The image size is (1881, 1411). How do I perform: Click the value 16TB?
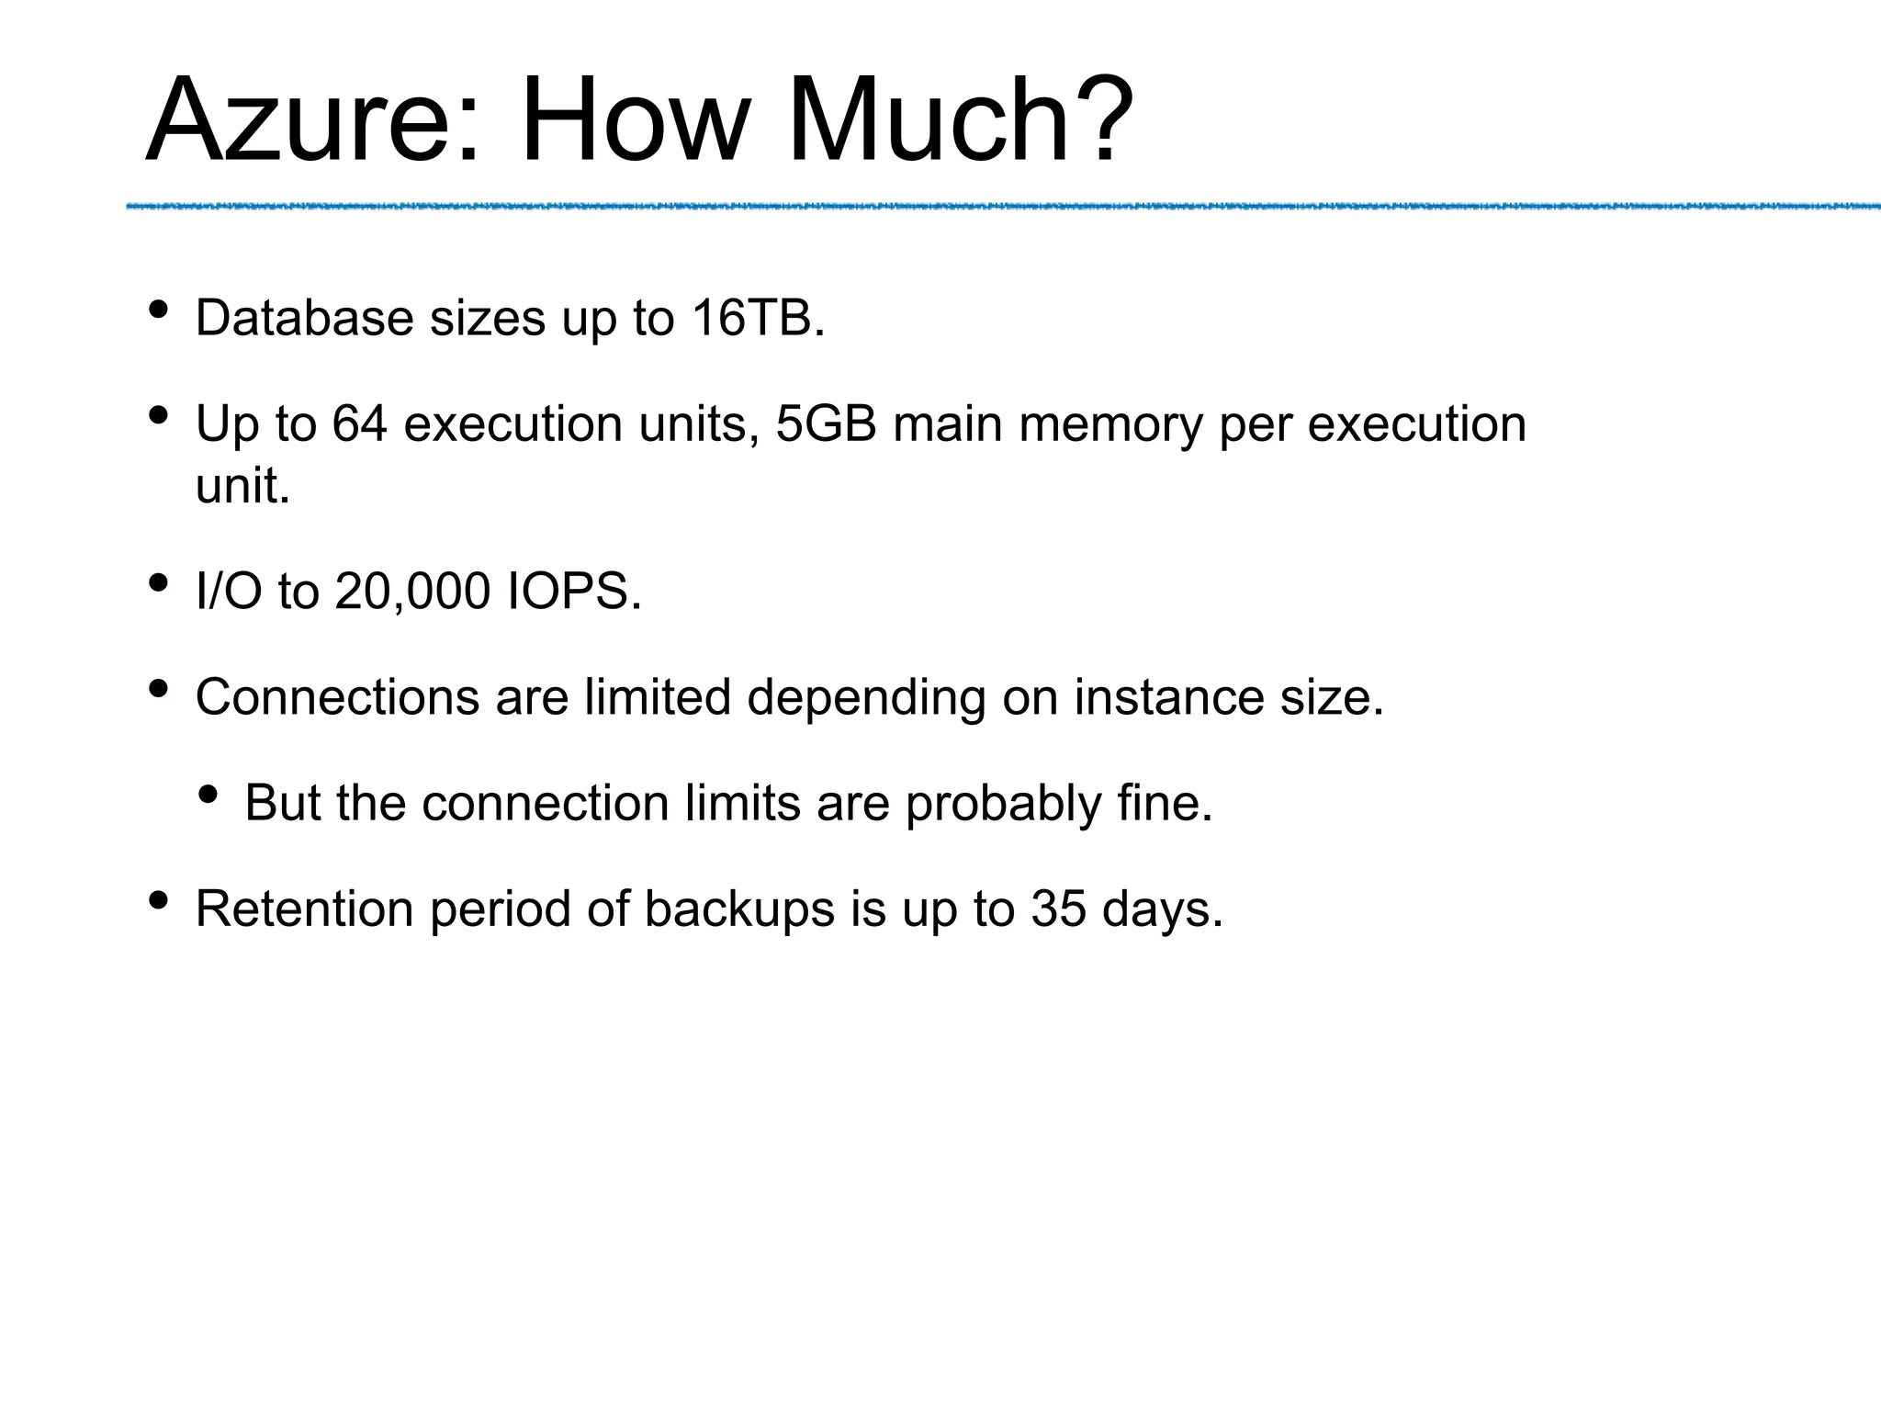point(757,318)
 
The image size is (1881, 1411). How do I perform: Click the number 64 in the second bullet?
point(360,423)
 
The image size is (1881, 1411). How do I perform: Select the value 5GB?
point(827,423)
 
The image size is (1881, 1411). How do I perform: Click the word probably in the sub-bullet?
point(1004,803)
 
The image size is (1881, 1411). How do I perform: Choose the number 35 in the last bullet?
point(1058,909)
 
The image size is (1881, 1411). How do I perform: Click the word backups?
point(739,909)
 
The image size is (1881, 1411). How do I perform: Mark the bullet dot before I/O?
point(158,582)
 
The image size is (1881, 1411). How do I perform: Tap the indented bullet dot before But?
point(208,794)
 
